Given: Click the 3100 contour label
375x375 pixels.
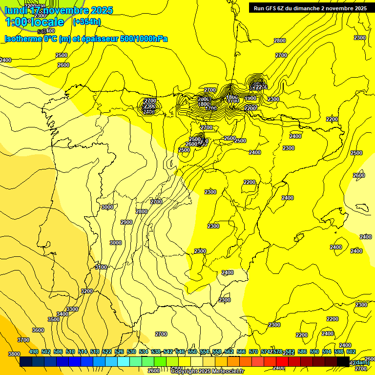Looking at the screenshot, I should pyautogui.click(x=101, y=267).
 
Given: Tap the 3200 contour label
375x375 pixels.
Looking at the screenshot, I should pyautogui.click(x=86, y=291).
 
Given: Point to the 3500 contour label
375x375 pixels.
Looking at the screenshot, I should pyautogui.click(x=54, y=319).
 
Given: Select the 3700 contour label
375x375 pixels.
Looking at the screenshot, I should pyautogui.click(x=23, y=340).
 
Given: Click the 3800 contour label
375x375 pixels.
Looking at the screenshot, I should pyautogui.click(x=14, y=354).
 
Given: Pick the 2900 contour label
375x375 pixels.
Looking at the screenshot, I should pyautogui.click(x=126, y=222).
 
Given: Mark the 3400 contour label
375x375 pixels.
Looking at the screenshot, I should pyautogui.click(x=62, y=314).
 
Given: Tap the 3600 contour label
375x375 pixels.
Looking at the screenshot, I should pyautogui.click(x=38, y=330).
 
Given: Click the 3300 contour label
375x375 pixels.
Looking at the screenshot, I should pyautogui.click(x=72, y=309).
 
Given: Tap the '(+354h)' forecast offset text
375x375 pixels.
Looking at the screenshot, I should pyautogui.click(x=86, y=22).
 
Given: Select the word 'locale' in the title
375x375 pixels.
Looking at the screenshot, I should pyautogui.click(x=47, y=22).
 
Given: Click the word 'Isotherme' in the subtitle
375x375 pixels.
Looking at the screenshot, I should pyautogui.click(x=23, y=39).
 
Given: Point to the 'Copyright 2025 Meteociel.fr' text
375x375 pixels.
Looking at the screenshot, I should pyautogui.click(x=207, y=372).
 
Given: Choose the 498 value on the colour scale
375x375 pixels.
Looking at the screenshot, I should pyautogui.click(x=34, y=352).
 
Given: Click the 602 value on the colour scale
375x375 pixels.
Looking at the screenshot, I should pyautogui.click(x=351, y=352).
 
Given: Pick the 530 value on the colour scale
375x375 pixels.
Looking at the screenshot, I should pyautogui.click(x=131, y=352).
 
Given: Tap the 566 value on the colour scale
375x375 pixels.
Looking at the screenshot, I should pyautogui.click(x=241, y=352).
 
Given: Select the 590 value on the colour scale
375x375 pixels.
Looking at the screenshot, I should pyautogui.click(x=314, y=352).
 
